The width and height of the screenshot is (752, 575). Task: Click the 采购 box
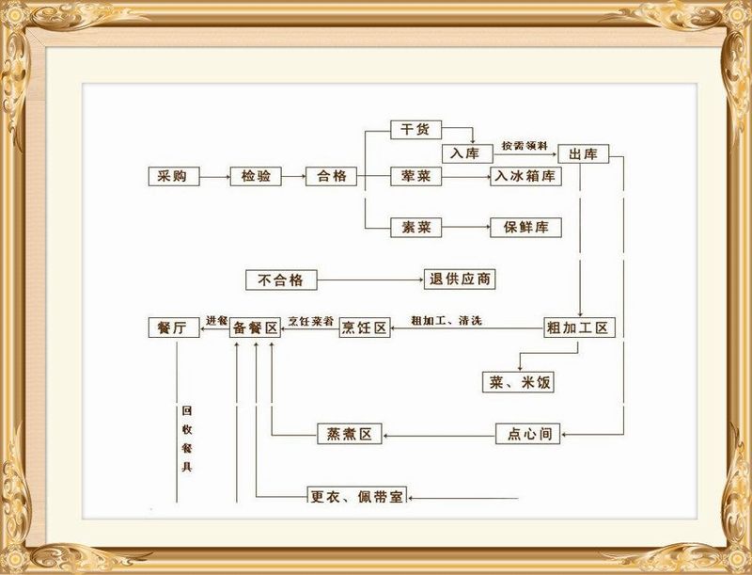pyautogui.click(x=174, y=176)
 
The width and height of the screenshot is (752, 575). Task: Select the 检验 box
pyautogui.click(x=256, y=176)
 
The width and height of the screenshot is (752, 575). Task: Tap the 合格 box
pyautogui.click(x=333, y=176)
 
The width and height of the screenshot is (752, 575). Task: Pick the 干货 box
pyautogui.click(x=416, y=131)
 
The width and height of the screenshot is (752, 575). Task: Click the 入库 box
pyautogui.click(x=467, y=153)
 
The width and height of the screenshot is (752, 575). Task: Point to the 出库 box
pyautogui.click(x=584, y=153)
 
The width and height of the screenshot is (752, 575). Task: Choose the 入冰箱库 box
pyautogui.click(x=525, y=176)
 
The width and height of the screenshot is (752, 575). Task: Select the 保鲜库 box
pyautogui.click(x=525, y=228)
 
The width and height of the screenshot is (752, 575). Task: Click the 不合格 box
pyautogui.click(x=281, y=280)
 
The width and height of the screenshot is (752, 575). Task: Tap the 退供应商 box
pyautogui.click(x=461, y=280)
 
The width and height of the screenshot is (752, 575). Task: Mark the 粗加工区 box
pyautogui.click(x=579, y=327)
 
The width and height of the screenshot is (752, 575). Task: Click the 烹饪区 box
pyautogui.click(x=364, y=327)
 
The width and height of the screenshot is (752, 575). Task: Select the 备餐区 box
pyautogui.click(x=256, y=327)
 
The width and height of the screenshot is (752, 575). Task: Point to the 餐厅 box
pyautogui.click(x=174, y=327)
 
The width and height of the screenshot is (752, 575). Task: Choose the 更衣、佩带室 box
pyautogui.click(x=357, y=495)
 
